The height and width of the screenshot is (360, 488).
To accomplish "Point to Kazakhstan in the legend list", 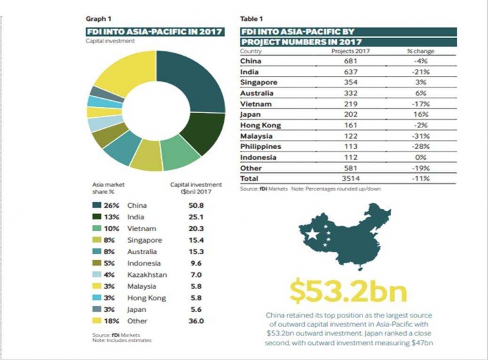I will [x=147, y=274].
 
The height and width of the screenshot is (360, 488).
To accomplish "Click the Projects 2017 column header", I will [x=350, y=51].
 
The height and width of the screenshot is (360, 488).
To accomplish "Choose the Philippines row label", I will [x=261, y=147].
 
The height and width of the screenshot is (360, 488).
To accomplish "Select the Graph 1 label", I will [x=96, y=19].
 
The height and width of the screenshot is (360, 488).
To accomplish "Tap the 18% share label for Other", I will [x=111, y=321].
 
